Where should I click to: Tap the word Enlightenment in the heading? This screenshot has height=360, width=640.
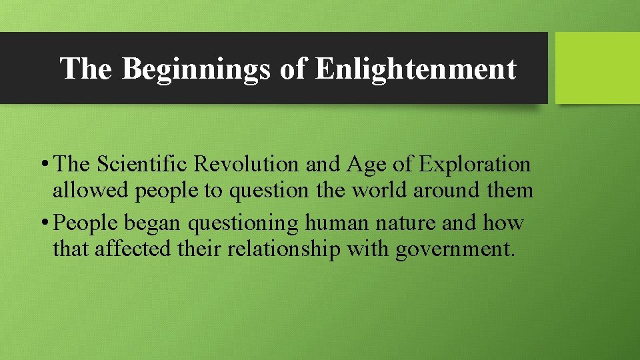415,69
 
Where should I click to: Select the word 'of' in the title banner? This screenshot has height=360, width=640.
292,69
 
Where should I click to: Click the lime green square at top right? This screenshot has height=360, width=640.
597,68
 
